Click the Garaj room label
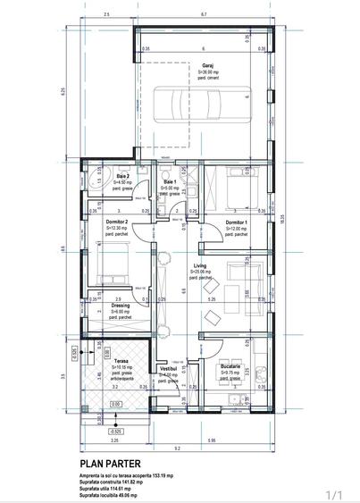[206, 65]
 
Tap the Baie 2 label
[122, 177]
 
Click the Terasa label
[121, 360]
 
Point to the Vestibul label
[168, 368]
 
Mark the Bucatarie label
[231, 366]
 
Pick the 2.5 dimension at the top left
[106, 15]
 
